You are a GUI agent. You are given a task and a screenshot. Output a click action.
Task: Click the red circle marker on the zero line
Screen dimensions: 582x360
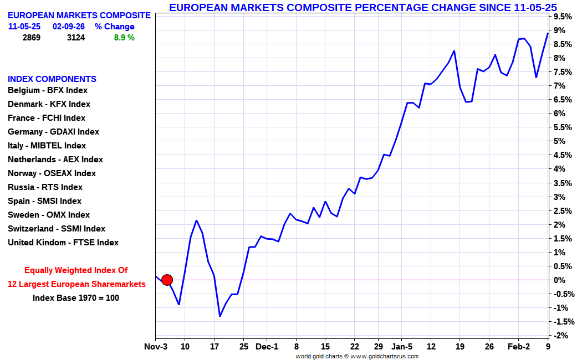pyautogui.click(x=167, y=280)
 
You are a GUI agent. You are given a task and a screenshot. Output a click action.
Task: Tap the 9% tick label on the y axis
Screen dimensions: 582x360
pyautogui.click(x=560, y=30)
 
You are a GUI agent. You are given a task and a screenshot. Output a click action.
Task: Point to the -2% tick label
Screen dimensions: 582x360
pyautogui.click(x=560, y=336)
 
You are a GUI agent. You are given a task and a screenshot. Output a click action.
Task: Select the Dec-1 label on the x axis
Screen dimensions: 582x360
pyautogui.click(x=267, y=347)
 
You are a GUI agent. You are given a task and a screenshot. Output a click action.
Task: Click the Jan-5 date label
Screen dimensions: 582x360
pyautogui.click(x=402, y=347)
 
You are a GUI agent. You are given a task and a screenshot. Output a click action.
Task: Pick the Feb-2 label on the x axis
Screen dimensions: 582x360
pyautogui.click(x=519, y=347)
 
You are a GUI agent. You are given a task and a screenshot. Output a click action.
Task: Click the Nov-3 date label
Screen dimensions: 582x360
pyautogui.click(x=156, y=347)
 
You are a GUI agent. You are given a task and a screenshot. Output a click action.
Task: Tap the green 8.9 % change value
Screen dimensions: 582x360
pyautogui.click(x=124, y=38)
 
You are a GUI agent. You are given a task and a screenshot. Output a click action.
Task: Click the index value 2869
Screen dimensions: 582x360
pyautogui.click(x=32, y=38)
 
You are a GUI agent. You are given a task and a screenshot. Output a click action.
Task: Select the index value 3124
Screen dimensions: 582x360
pyautogui.click(x=76, y=38)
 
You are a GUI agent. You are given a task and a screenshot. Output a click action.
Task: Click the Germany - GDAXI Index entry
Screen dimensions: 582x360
pyautogui.click(x=53, y=132)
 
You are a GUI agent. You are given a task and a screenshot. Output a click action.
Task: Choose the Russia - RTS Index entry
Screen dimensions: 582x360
pyautogui.click(x=45, y=187)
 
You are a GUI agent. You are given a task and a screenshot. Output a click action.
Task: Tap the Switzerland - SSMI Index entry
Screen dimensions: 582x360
pyautogui.click(x=57, y=228)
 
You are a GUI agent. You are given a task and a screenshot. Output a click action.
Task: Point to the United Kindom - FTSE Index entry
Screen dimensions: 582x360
pyautogui.click(x=63, y=243)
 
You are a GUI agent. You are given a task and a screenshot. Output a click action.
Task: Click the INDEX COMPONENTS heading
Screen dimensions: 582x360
pyautogui.click(x=52, y=79)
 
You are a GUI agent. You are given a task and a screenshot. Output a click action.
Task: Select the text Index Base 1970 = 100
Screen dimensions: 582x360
pyautogui.click(x=76, y=298)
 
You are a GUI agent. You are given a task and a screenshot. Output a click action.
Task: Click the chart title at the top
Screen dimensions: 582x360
pyautogui.click(x=363, y=7)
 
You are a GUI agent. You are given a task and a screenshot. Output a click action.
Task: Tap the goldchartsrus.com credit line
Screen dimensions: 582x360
pyautogui.click(x=357, y=356)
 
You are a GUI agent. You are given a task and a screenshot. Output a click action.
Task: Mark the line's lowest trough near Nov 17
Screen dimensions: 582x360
pyautogui.click(x=219, y=316)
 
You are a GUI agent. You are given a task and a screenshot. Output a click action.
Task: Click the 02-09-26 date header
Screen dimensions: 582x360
pyautogui.click(x=69, y=27)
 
